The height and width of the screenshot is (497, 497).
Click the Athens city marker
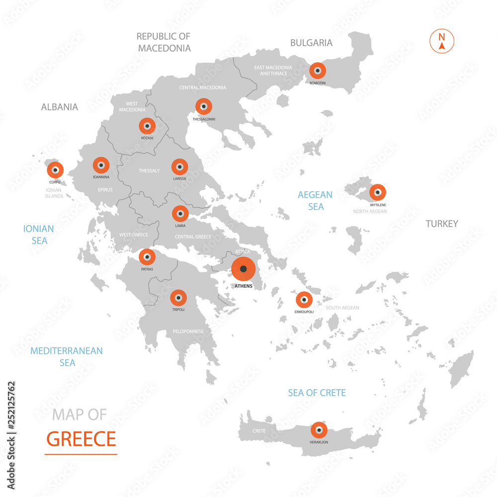pyautogui.click(x=243, y=269)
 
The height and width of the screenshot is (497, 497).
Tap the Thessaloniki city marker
pyautogui.click(x=203, y=106)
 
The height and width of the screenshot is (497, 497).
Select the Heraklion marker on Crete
pyautogui.click(x=319, y=430)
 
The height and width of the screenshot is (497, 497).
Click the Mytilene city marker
pyautogui.click(x=378, y=192)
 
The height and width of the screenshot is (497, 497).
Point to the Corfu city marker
pyautogui.click(x=55, y=169)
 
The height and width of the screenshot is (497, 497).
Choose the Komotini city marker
pyautogui.click(x=317, y=71)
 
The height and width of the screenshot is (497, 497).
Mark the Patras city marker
pyautogui.click(x=147, y=257)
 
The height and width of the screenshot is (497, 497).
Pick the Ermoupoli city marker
pyautogui.click(x=304, y=300)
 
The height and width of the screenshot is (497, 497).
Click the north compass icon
pyautogui.click(x=441, y=41)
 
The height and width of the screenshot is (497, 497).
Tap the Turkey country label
pyautogui.click(x=442, y=224)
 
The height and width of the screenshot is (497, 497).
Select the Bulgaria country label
pyautogui.click(x=312, y=43)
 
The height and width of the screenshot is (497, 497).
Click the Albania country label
pyautogui.click(x=60, y=107)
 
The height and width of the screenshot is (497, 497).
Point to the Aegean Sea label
pyautogui.click(x=315, y=200)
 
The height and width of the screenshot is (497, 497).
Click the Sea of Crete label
pyautogui.click(x=317, y=393)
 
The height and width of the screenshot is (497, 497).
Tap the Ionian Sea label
pyautogui.click(x=39, y=235)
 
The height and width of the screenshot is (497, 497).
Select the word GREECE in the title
pyautogui.click(x=81, y=439)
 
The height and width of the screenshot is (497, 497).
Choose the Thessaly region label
pyautogui.click(x=149, y=171)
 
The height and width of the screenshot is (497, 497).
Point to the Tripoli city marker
pyautogui.click(x=178, y=298)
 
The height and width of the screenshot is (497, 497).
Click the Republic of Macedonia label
pyautogui.click(x=164, y=42)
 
